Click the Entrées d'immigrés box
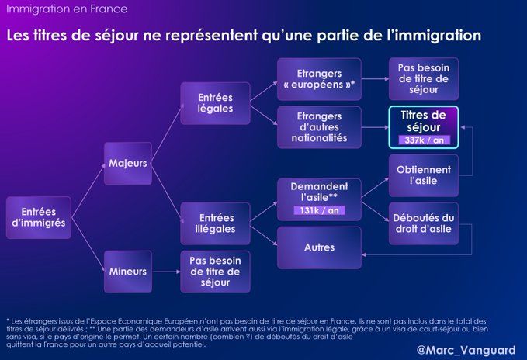(39, 217)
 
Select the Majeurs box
(128, 164)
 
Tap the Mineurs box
(128, 272)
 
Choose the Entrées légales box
(215, 103)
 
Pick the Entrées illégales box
(215, 223)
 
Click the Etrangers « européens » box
(319, 79)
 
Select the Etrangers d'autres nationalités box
(319, 127)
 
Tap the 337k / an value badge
(424, 140)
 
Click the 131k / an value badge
(319, 210)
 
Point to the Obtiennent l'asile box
(424, 175)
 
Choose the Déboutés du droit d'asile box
(424, 223)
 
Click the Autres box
(319, 247)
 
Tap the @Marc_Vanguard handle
(466, 350)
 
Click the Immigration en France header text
(67, 9)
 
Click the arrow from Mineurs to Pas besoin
(166, 272)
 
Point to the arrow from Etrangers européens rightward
(376, 79)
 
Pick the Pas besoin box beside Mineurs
(215, 272)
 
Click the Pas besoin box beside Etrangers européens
(424, 79)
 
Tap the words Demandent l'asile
(319, 192)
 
